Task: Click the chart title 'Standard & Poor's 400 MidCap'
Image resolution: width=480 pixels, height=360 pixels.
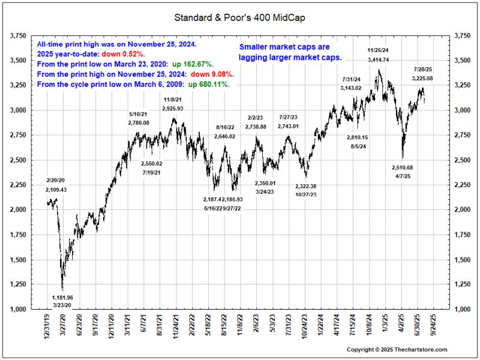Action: pyautogui.click(x=240, y=17)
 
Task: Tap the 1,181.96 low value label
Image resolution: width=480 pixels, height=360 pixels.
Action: pyautogui.click(x=62, y=297)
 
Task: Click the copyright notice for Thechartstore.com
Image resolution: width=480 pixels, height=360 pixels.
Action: pyautogui.click(x=397, y=349)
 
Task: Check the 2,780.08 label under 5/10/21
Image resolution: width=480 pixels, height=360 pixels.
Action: pyautogui.click(x=139, y=122)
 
